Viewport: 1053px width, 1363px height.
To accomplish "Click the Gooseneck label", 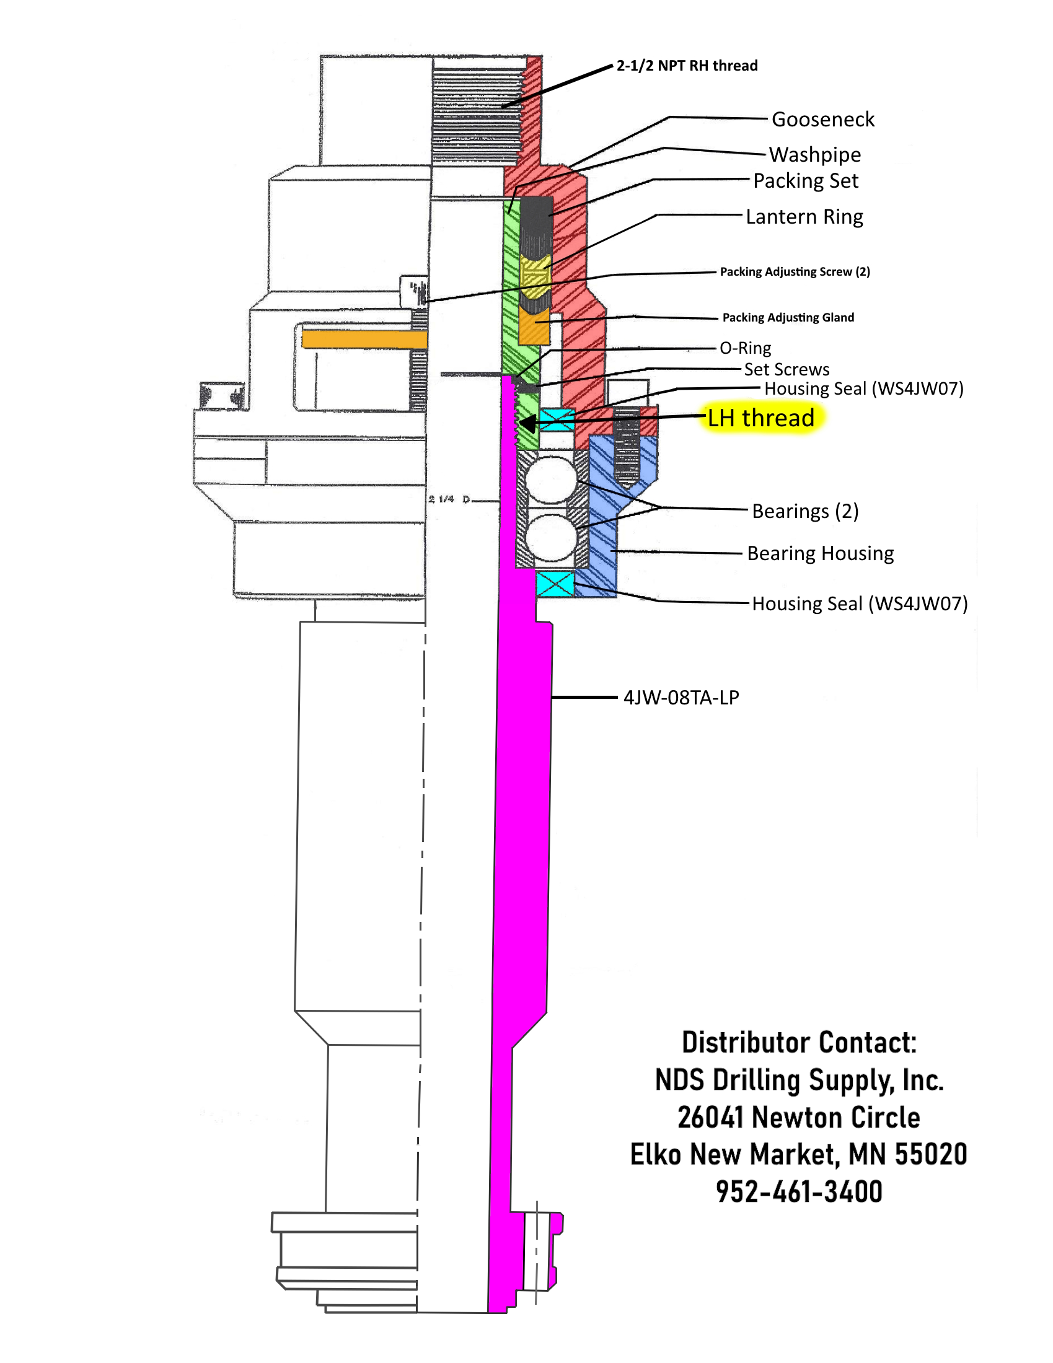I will click(x=822, y=119).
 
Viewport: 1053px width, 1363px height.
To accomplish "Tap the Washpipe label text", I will click(x=814, y=154).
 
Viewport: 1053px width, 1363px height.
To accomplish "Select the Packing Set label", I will click(x=805, y=181).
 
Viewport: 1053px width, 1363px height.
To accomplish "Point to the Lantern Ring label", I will click(x=804, y=217).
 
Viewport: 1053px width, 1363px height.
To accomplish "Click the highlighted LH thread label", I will click(x=760, y=418).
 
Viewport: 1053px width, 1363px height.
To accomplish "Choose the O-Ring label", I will click(x=744, y=348).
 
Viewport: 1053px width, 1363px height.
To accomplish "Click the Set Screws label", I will click(x=786, y=369).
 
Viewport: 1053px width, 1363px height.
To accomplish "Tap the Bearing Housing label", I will click(x=819, y=553).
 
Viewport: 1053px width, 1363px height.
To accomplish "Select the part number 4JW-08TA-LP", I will click(x=681, y=697).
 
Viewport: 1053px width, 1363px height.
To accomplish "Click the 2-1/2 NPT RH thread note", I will click(x=687, y=66).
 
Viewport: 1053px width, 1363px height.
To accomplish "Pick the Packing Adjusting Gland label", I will click(x=788, y=318).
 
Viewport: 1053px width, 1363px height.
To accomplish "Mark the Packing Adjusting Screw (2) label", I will click(x=795, y=271).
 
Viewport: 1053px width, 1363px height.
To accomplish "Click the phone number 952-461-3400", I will click(x=798, y=1191).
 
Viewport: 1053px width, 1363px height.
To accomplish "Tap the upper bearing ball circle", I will click(x=550, y=480).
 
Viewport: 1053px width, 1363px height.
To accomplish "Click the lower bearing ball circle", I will click(x=550, y=537).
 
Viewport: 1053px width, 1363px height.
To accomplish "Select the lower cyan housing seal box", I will click(x=555, y=584).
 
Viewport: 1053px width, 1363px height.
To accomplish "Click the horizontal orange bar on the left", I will click(x=364, y=339).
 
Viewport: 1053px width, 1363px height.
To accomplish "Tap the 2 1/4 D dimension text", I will click(x=450, y=499).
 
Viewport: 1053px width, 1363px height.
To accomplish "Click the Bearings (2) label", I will click(x=804, y=511).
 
